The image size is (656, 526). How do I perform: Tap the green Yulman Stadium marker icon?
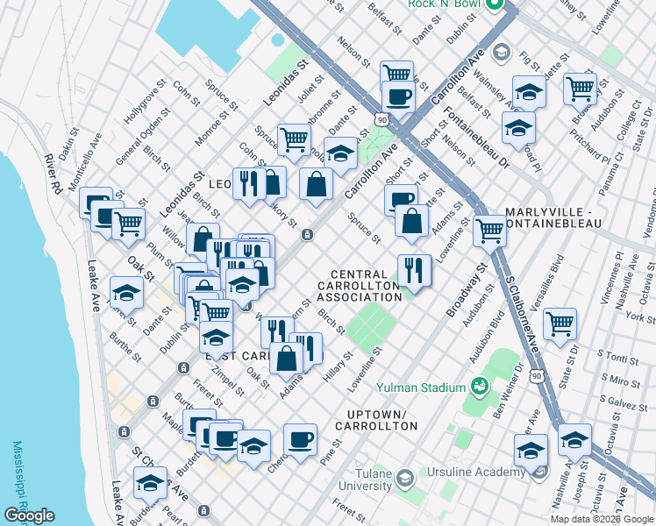pyautogui.click(x=480, y=385)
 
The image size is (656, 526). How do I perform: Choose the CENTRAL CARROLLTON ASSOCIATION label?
pyautogui.click(x=360, y=286)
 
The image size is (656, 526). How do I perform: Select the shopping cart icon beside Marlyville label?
pyautogui.click(x=489, y=231)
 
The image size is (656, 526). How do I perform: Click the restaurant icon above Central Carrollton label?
pyautogui.click(x=414, y=269)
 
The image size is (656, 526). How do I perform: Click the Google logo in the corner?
pyautogui.click(x=29, y=515)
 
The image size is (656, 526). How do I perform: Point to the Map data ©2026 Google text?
pyautogui.click(x=602, y=518)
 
